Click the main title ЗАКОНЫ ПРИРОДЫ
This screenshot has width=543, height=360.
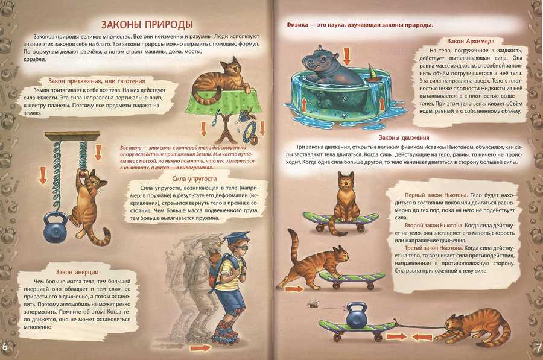(x=147, y=25)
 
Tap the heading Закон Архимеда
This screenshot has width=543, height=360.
(x=471, y=41)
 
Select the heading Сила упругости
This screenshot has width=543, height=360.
(x=194, y=178)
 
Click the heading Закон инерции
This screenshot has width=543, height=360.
(x=77, y=272)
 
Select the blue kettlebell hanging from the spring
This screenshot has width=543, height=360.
(x=56, y=226)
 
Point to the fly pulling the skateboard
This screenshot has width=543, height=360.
(x=314, y=304)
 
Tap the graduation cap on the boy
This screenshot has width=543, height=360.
(x=236, y=238)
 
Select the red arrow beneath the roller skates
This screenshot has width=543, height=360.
(x=200, y=347)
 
